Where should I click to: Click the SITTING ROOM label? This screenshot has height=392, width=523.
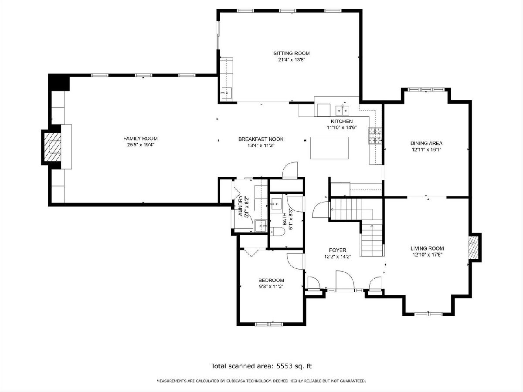292,53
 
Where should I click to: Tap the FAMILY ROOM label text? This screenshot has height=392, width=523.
141,139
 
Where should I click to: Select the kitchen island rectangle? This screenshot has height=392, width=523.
329,148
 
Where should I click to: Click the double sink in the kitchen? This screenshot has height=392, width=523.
343,110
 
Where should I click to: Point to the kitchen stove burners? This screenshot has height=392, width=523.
375,136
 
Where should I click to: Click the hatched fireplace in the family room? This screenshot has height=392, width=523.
52,147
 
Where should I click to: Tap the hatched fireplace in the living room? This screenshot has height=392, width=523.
473,248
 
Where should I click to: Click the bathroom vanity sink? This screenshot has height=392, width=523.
276,204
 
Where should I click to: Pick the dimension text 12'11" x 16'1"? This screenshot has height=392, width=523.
427,150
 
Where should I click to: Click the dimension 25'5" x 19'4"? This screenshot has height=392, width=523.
141,145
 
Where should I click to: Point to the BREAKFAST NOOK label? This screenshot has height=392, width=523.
261,139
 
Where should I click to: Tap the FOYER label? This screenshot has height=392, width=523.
338,250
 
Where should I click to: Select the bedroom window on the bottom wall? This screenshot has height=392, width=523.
269,324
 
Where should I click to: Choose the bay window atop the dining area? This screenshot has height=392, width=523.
426,90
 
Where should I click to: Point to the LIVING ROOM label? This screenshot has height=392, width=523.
427,248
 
